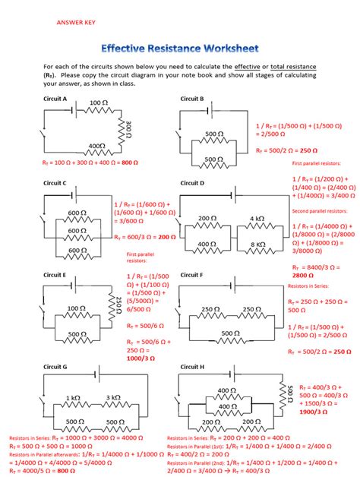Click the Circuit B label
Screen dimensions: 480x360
click(192, 99)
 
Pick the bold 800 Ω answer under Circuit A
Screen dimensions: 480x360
click(131, 163)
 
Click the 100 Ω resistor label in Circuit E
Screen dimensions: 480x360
click(76, 308)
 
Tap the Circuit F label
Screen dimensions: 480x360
click(192, 274)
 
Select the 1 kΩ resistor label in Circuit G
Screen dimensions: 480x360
click(73, 397)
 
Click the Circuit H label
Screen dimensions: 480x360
click(192, 365)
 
